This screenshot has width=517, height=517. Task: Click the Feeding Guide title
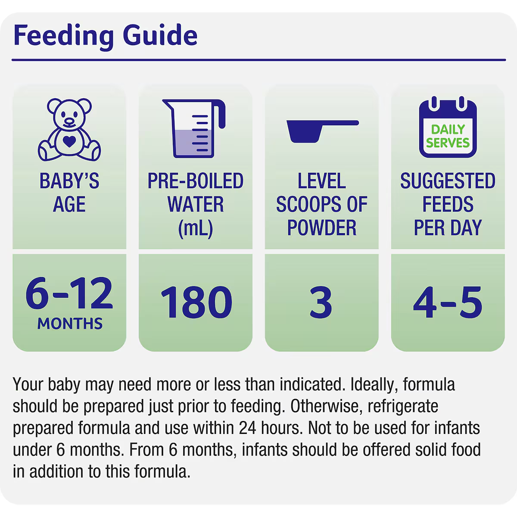106,36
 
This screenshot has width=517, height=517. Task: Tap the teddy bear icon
69,130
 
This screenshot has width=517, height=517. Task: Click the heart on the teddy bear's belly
69,141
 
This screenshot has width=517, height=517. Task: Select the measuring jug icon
194,128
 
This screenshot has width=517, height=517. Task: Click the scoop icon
323,131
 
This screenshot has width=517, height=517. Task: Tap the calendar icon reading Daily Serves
448,127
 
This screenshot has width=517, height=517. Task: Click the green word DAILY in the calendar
448,129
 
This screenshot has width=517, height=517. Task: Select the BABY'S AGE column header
69,192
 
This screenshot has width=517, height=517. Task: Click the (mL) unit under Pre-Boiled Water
196,228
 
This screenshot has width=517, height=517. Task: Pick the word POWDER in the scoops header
322,228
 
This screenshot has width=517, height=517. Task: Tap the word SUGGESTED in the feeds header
448,181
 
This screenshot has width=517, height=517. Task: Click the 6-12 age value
69,293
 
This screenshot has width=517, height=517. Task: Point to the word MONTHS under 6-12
70,323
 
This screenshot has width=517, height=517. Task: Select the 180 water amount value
196,302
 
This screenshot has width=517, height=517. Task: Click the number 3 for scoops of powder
321,302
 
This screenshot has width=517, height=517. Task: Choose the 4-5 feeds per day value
448,302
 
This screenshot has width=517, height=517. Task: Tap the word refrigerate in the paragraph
403,407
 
